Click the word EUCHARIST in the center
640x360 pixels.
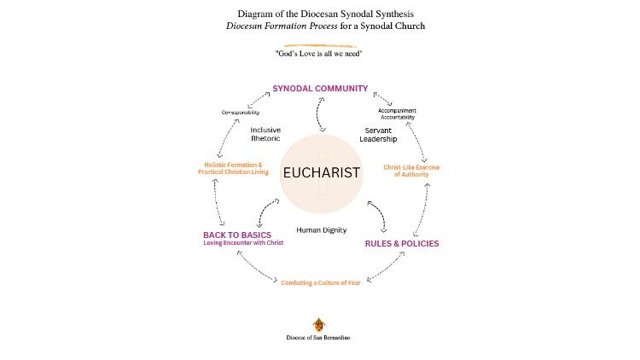pyautogui.click(x=321, y=173)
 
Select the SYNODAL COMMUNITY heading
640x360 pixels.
pyautogui.click(x=320, y=88)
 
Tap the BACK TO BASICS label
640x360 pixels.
pyautogui.click(x=236, y=235)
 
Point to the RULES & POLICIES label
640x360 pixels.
pyautogui.click(x=402, y=243)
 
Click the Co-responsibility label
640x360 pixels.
pyautogui.click(x=240, y=113)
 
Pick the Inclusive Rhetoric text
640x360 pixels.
pyautogui.click(x=265, y=135)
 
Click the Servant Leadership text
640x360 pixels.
pyautogui.click(x=378, y=135)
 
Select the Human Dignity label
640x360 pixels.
pyautogui.click(x=321, y=230)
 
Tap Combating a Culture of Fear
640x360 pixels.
pyautogui.click(x=326, y=282)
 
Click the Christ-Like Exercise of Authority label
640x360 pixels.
pyautogui.click(x=411, y=171)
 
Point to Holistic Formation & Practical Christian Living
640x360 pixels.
pyautogui.click(x=233, y=168)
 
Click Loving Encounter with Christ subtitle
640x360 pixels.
pyautogui.click(x=243, y=243)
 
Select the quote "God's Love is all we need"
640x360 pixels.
pyautogui.click(x=319, y=54)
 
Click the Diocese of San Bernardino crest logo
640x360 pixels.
pyautogui.click(x=319, y=325)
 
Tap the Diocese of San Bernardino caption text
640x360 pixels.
pyautogui.click(x=318, y=338)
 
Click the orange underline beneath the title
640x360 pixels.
pyautogui.click(x=319, y=44)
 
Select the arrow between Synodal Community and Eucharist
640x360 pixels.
pyautogui.click(x=320, y=113)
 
